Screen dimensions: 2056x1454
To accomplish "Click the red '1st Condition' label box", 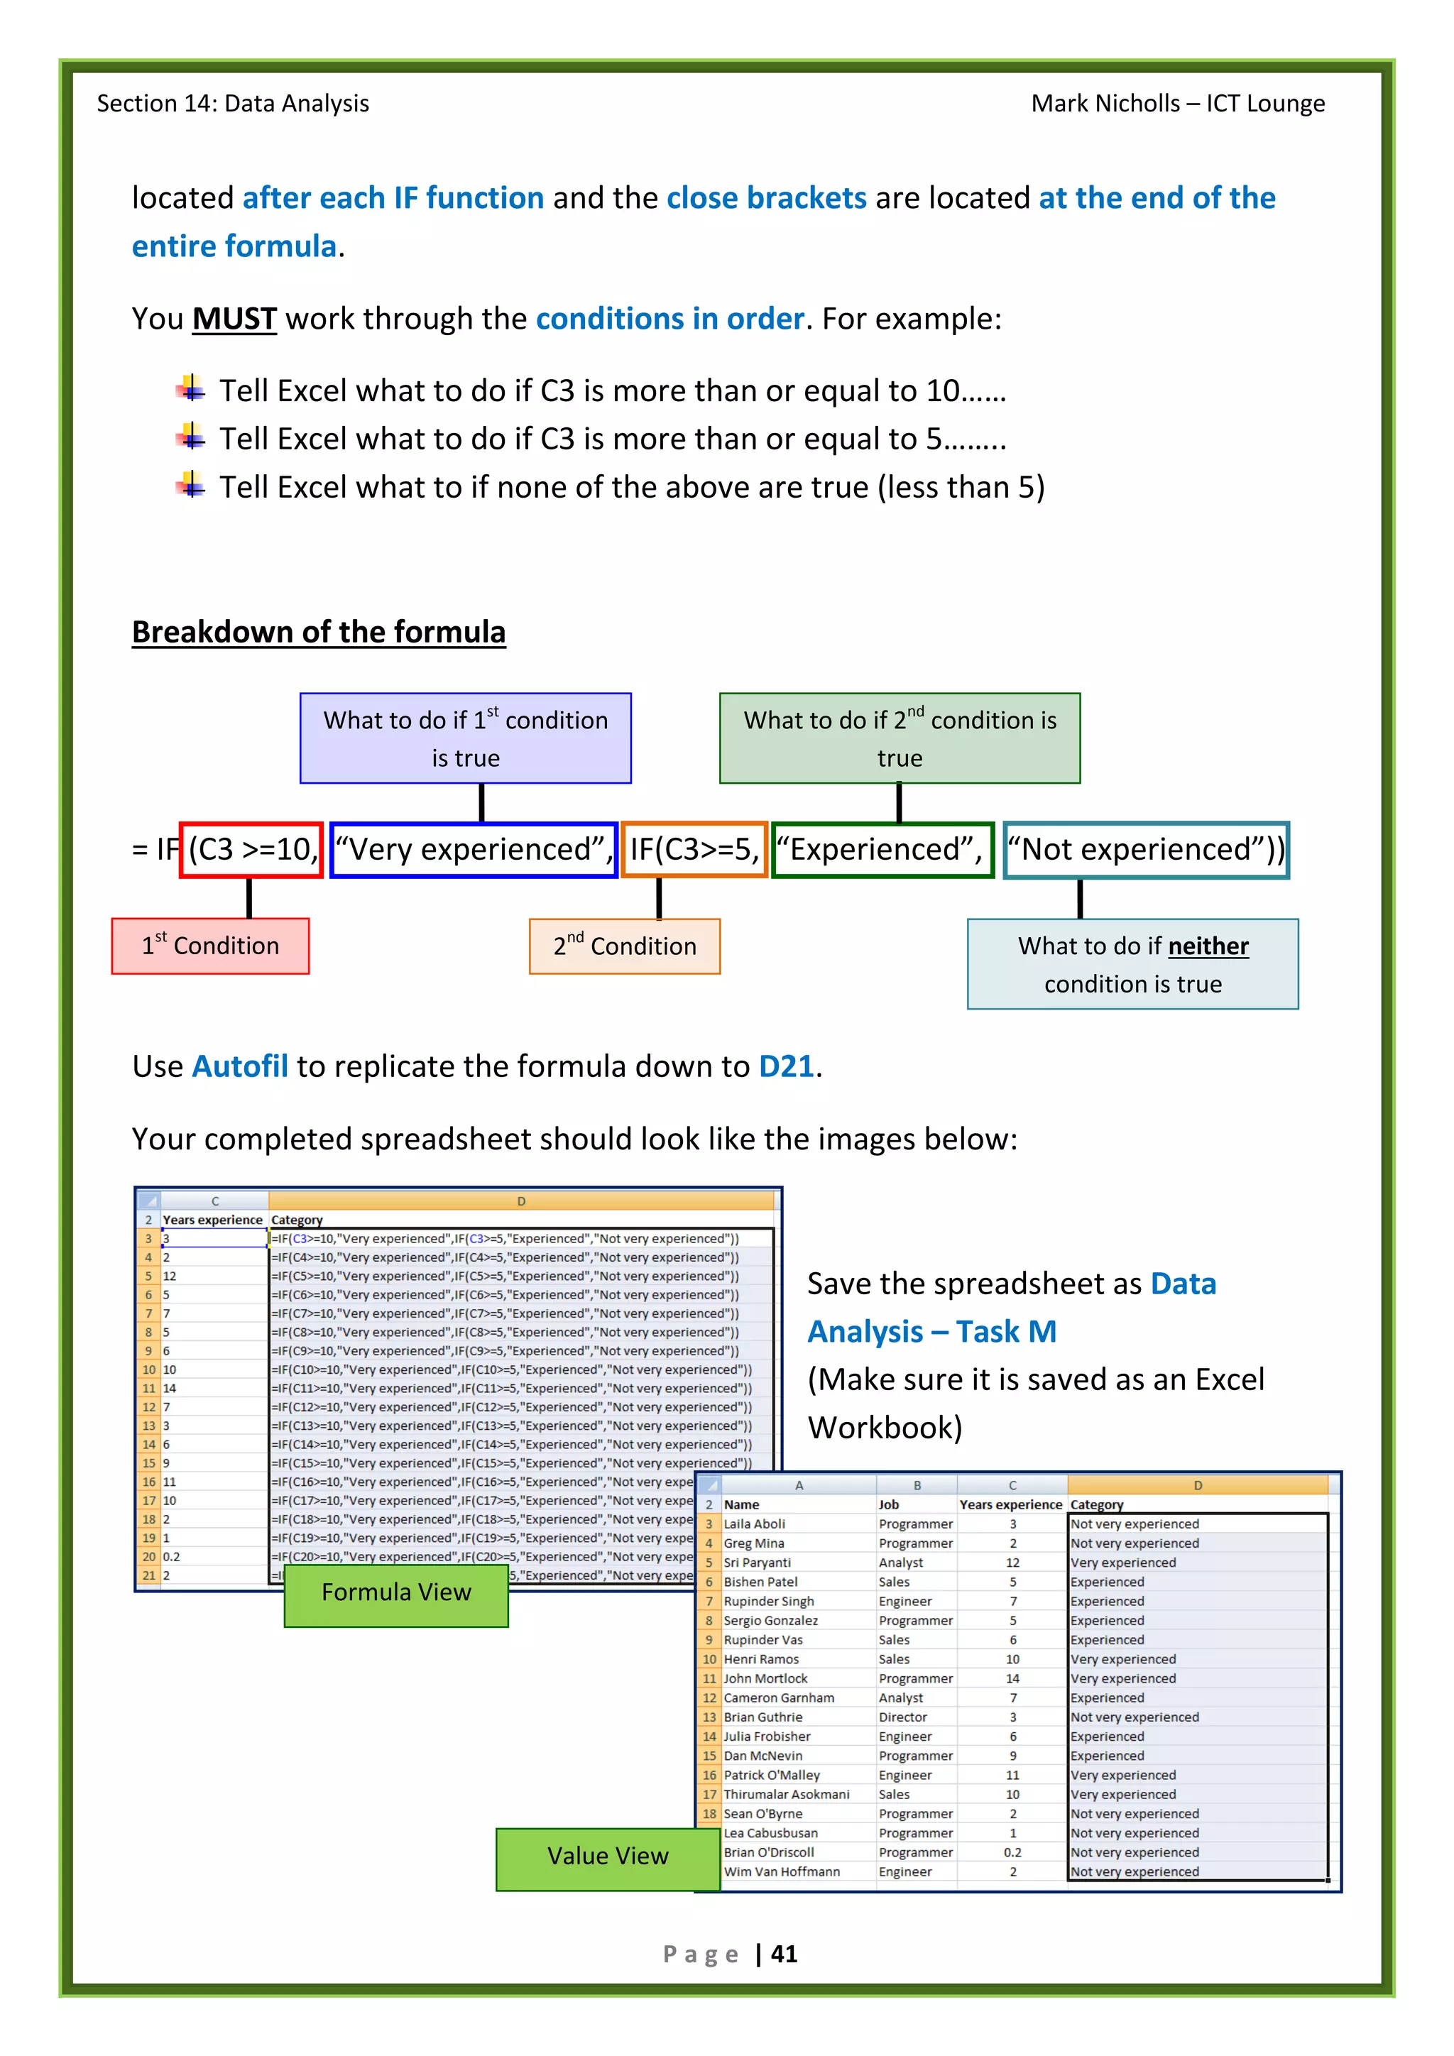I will tap(210, 946).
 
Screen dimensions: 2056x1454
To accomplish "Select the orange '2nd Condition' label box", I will tap(624, 946).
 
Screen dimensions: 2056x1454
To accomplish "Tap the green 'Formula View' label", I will tap(395, 1592).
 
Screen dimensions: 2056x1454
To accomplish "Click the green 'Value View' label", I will tap(608, 1855).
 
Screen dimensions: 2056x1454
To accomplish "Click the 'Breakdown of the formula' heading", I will tap(319, 632).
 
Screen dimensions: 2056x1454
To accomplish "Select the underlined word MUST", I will tap(234, 319).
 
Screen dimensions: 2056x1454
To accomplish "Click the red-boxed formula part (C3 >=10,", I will tap(251, 849).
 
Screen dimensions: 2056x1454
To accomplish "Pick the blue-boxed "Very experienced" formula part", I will tap(474, 849).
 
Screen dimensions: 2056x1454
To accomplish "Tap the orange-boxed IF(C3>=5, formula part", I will tap(694, 849).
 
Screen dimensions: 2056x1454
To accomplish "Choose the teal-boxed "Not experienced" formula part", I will tap(1145, 849).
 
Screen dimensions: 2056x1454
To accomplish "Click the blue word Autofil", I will tap(240, 1066).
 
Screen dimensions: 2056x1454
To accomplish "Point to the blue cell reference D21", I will tap(786, 1066).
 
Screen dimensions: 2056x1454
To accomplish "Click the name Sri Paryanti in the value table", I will tap(757, 1563).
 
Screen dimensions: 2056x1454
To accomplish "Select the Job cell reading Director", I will tap(902, 1717).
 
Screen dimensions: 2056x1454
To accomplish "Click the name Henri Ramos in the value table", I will tap(761, 1659).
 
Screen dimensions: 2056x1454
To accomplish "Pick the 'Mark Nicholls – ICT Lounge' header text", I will tap(1177, 104).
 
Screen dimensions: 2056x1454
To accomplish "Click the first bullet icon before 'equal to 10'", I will tap(190, 390).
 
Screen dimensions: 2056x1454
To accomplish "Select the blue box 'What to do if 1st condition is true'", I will tap(466, 738).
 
